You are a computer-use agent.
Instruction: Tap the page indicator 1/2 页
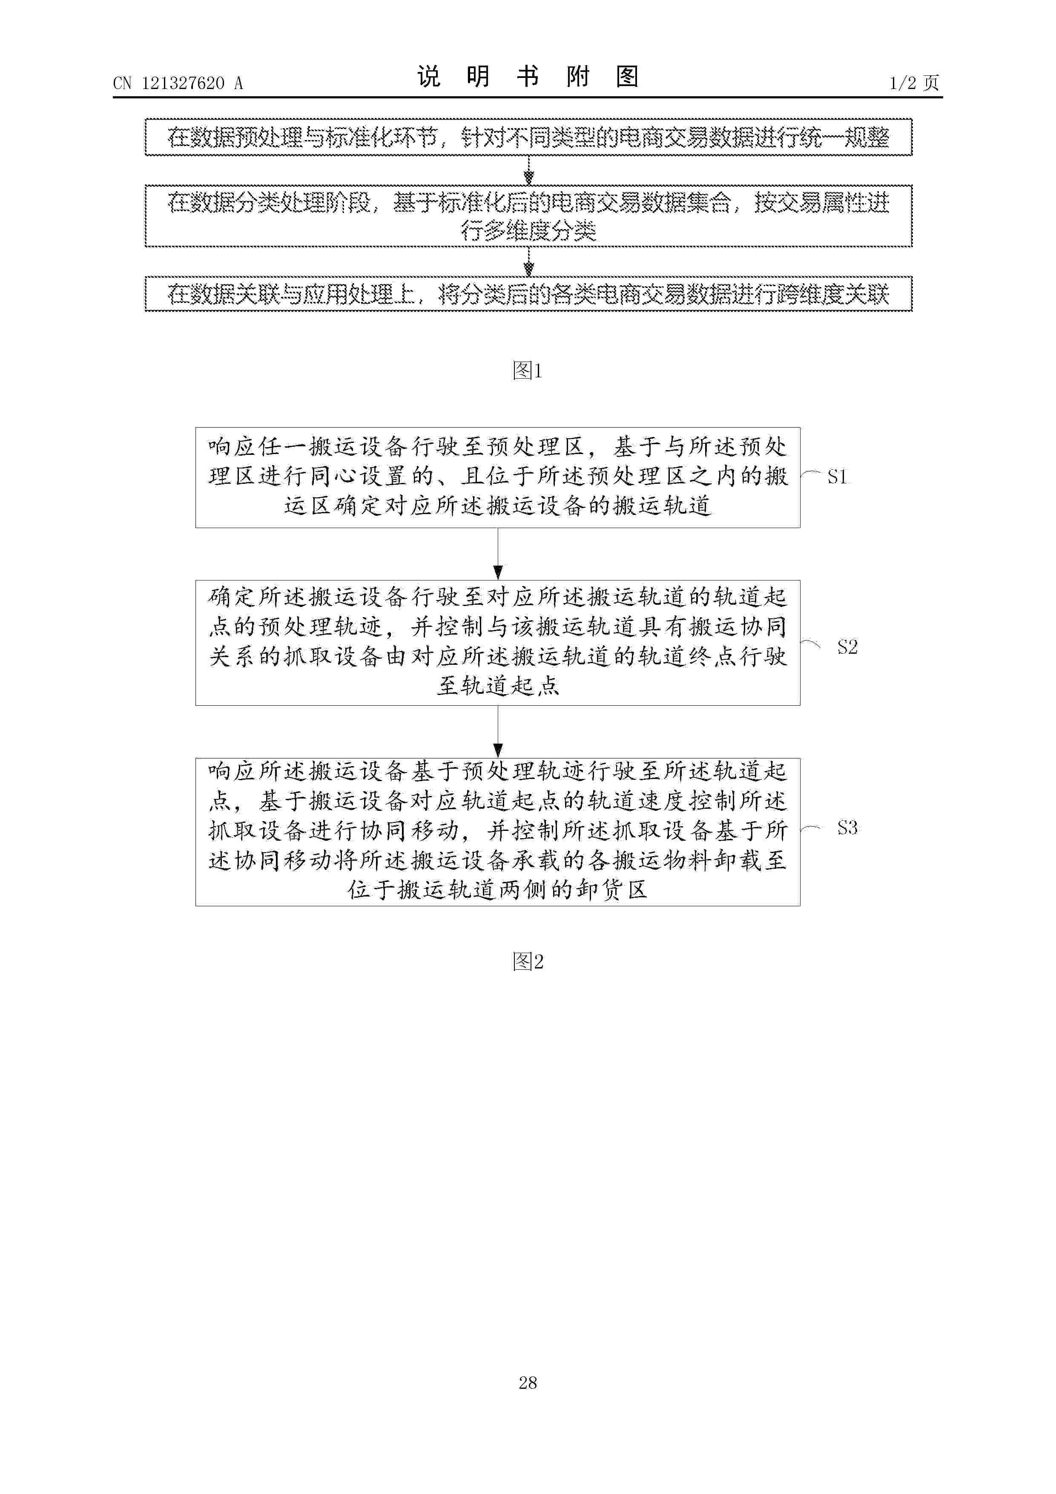(x=914, y=83)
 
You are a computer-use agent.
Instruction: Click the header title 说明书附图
(x=528, y=77)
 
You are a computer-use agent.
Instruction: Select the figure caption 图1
(x=527, y=371)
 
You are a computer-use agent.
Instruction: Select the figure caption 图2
(x=527, y=961)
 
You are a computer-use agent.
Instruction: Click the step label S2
(x=847, y=647)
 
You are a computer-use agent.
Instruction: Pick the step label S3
(x=847, y=827)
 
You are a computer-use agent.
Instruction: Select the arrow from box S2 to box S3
(x=498, y=732)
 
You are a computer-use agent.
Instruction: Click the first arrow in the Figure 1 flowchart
(x=528, y=170)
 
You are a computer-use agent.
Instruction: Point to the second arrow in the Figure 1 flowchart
(x=528, y=261)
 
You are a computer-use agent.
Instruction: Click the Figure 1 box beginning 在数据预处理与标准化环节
(x=528, y=137)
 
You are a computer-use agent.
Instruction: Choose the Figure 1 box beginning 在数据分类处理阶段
(x=528, y=216)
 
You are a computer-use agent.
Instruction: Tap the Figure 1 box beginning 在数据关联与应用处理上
(x=528, y=294)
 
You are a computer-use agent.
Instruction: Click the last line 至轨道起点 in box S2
(x=498, y=685)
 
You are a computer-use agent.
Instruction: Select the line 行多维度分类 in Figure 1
(x=528, y=230)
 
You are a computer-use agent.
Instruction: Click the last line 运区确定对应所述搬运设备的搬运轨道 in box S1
(x=498, y=506)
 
